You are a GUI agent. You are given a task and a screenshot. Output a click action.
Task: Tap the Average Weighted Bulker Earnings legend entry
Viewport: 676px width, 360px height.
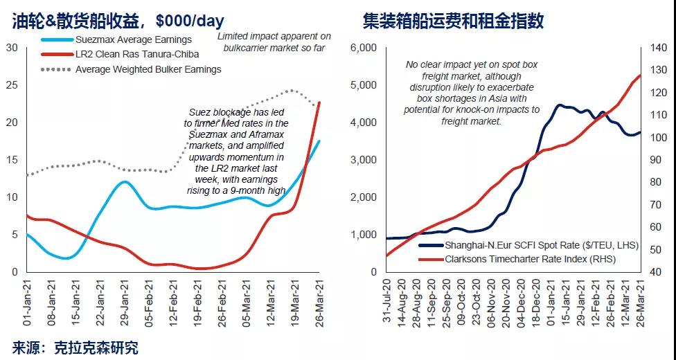[148, 69]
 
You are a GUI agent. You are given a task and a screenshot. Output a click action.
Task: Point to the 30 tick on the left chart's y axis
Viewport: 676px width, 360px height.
[12, 47]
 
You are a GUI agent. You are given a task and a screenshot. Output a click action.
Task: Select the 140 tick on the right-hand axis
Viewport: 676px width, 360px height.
[658, 48]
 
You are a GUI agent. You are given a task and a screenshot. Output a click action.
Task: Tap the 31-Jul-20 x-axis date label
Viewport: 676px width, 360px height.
[389, 302]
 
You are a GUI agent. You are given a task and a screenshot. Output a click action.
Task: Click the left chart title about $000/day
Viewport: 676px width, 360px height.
[118, 21]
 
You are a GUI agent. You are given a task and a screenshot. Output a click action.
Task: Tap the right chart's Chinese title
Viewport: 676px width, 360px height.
[453, 21]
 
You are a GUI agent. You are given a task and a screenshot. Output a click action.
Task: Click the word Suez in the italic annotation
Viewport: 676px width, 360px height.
[200, 112]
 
